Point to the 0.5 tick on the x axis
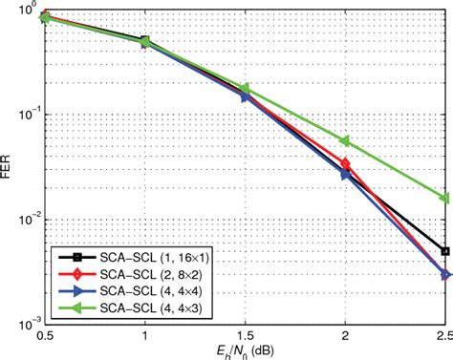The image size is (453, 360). (x=44, y=336)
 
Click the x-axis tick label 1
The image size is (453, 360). (x=144, y=336)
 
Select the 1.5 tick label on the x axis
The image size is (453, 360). (x=245, y=336)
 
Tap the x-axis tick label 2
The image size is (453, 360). (x=345, y=336)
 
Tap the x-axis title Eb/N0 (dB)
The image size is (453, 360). (x=245, y=350)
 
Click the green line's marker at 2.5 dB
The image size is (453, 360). (x=444, y=199)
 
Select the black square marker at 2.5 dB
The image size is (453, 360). (x=444, y=251)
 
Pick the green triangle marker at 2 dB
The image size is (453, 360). (x=345, y=141)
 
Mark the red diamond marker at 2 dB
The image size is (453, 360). (x=345, y=164)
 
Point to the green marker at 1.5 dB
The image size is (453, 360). (x=245, y=88)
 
